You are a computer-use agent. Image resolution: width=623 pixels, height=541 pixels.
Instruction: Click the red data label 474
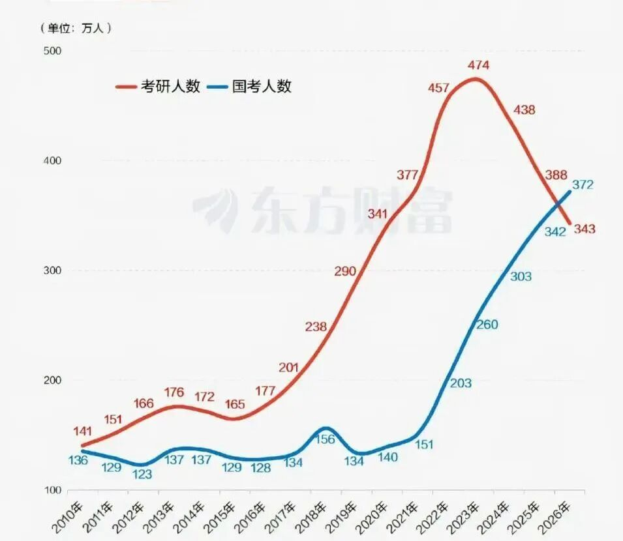478,65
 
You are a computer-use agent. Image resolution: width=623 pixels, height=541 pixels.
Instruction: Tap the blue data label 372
583,184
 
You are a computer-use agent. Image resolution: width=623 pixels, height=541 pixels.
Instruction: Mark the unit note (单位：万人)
76,28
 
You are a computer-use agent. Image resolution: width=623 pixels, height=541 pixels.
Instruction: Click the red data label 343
585,229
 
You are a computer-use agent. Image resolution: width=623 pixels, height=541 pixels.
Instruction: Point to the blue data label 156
324,439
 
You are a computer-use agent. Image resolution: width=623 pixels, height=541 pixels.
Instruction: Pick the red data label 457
438,87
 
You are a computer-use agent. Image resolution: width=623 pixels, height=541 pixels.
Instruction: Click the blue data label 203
460,383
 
